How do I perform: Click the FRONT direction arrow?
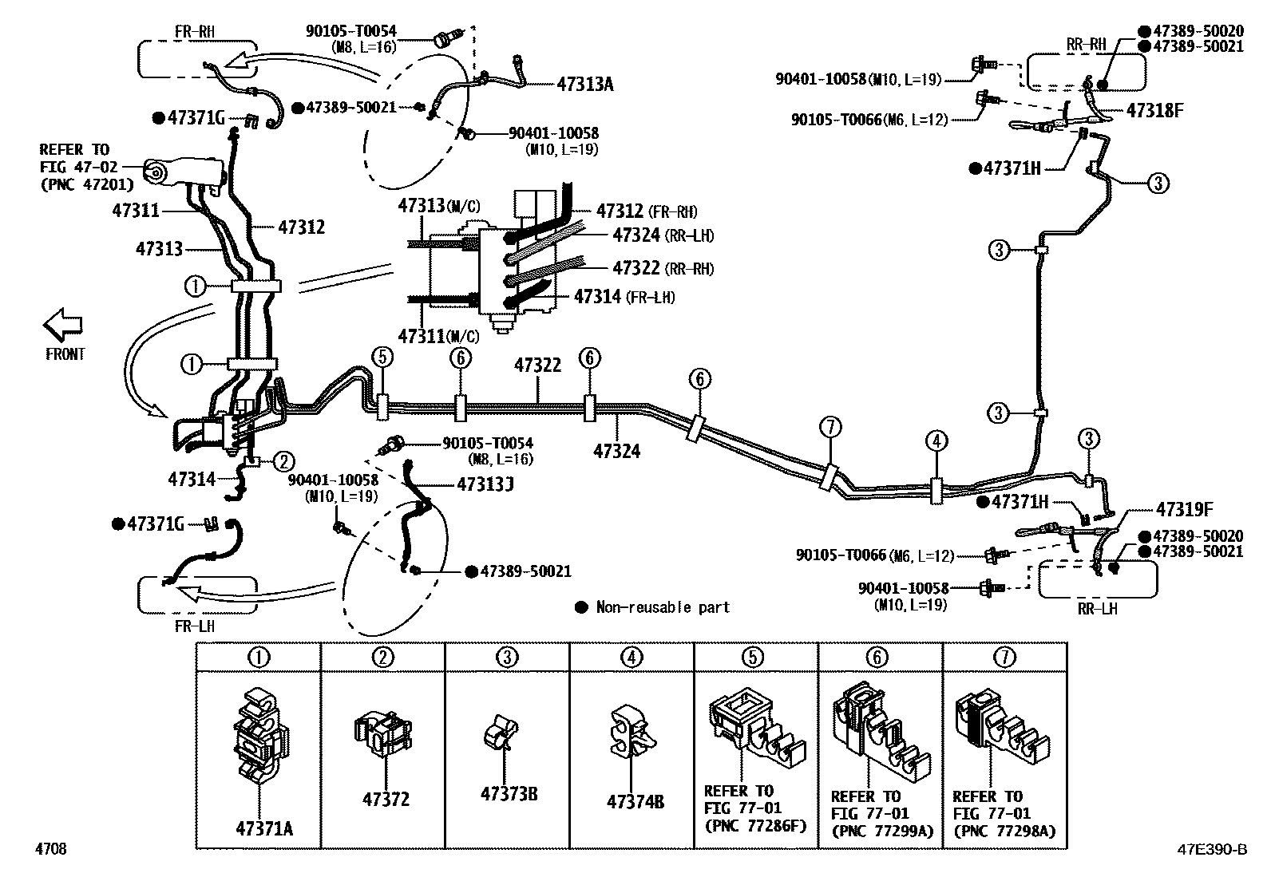(x=63, y=326)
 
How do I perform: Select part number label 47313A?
(x=584, y=84)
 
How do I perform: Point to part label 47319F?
(x=1184, y=509)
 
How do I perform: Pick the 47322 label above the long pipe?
(x=537, y=365)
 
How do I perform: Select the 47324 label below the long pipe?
(x=616, y=451)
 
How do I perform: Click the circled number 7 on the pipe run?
(x=830, y=428)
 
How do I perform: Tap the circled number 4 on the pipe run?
(x=936, y=440)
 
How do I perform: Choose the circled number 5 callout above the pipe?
(x=382, y=357)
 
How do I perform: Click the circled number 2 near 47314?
(x=284, y=460)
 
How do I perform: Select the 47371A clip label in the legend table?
(x=263, y=828)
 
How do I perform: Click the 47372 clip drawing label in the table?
(x=386, y=799)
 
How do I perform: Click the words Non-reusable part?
(x=663, y=607)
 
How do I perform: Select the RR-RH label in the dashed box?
(x=1087, y=45)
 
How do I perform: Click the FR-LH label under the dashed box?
(x=195, y=626)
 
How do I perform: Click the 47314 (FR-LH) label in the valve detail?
(x=624, y=297)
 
